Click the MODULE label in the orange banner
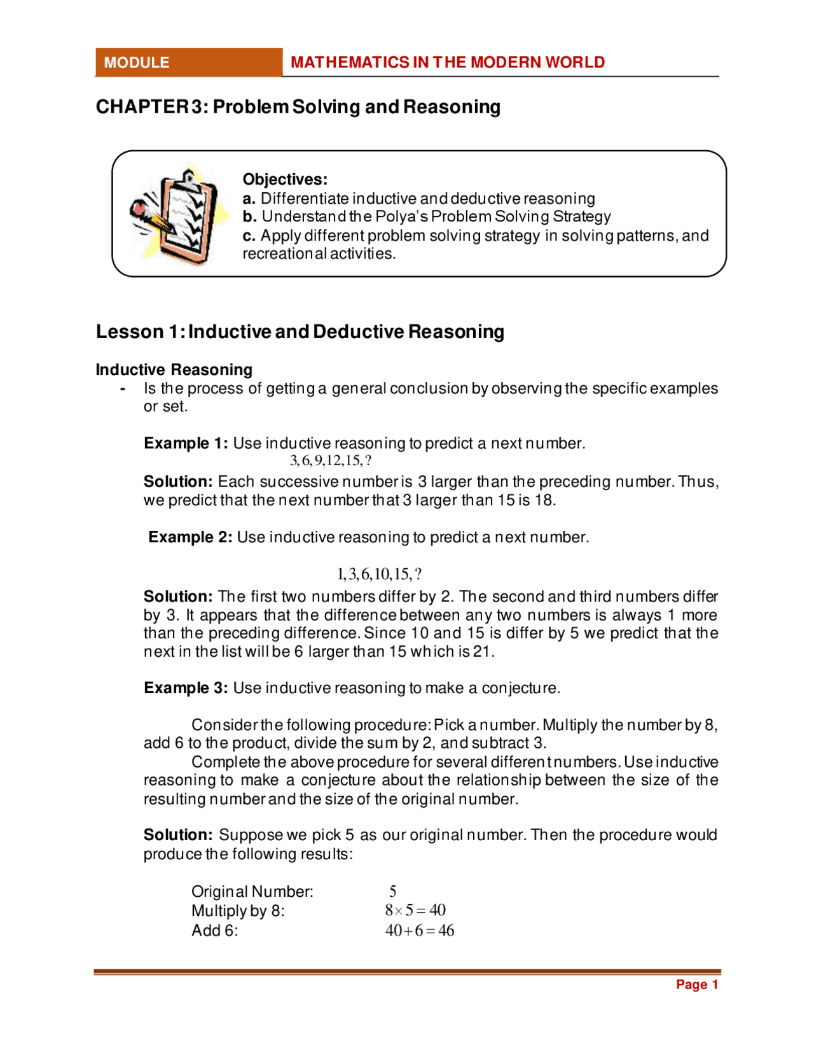click(x=137, y=62)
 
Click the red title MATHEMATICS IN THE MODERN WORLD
click(x=447, y=62)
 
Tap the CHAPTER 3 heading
click(x=298, y=106)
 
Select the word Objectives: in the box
click(x=285, y=179)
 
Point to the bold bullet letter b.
click(x=249, y=217)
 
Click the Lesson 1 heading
click(x=300, y=332)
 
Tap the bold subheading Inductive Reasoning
click(x=174, y=370)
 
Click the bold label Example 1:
click(x=185, y=443)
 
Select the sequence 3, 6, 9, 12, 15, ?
click(x=330, y=460)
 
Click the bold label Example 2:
click(x=190, y=537)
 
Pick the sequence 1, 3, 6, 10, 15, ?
click(x=378, y=574)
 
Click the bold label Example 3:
click(x=185, y=688)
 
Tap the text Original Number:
click(x=252, y=892)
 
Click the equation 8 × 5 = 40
click(x=415, y=911)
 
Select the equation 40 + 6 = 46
click(x=419, y=931)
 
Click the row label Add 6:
click(x=214, y=931)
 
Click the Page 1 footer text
click(x=696, y=985)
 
